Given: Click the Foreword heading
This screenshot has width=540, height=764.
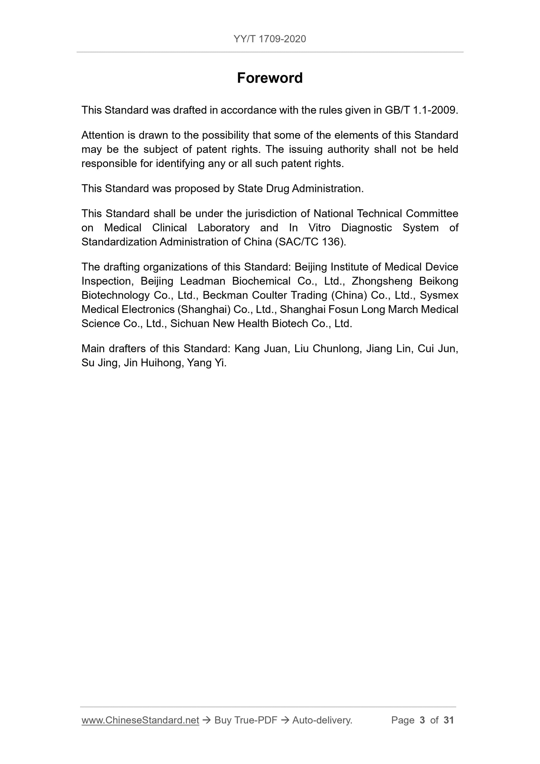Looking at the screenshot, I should pos(270,78).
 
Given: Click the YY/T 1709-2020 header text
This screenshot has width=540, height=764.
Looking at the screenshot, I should pos(270,39).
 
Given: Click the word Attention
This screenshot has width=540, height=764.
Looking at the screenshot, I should pos(101,135).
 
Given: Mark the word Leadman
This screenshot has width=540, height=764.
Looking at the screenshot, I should pos(202,281).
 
